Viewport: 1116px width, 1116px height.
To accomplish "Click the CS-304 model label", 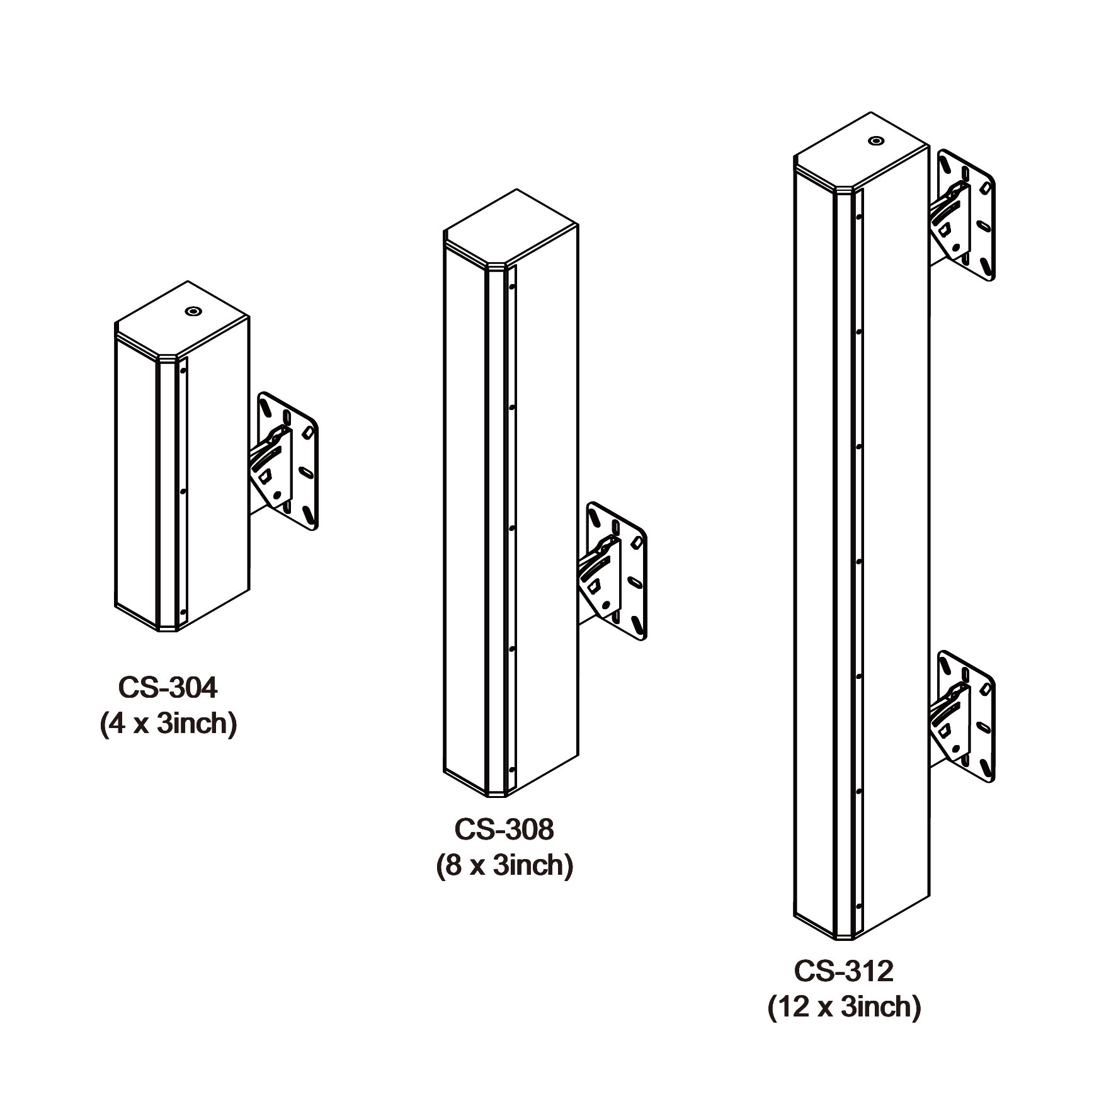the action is (x=168, y=688).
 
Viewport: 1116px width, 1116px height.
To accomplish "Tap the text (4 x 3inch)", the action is (x=168, y=724).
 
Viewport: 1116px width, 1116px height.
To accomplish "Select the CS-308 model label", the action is (x=504, y=829).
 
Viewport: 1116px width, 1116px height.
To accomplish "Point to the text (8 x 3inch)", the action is (x=504, y=865).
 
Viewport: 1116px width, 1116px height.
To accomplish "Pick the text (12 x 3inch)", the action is (x=844, y=1006).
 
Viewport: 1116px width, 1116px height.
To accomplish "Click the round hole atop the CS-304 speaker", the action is (x=191, y=310).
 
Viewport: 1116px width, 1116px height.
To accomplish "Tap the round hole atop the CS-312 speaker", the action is (x=875, y=140).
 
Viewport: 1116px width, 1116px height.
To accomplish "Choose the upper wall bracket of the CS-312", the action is (x=962, y=215).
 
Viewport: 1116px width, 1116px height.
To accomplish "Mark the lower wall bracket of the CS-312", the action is (x=962, y=716).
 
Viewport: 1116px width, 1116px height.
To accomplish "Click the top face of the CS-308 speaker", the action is (x=511, y=229).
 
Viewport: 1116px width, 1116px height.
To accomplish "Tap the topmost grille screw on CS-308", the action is (x=511, y=287).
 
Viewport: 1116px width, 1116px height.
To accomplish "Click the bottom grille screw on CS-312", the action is (x=858, y=907).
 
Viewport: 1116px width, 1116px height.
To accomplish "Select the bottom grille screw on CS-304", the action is (x=182, y=611).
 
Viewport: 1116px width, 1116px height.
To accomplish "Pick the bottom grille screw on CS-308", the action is (x=511, y=769).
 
